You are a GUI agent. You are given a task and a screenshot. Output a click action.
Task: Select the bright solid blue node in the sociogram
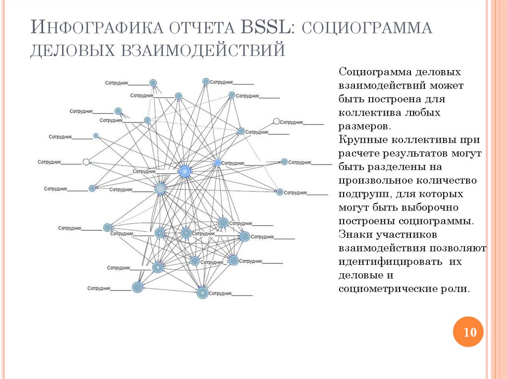point(217,163)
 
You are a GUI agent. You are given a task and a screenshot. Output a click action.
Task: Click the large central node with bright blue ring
point(185,171)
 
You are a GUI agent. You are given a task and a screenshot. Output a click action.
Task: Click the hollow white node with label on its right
point(277,122)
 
